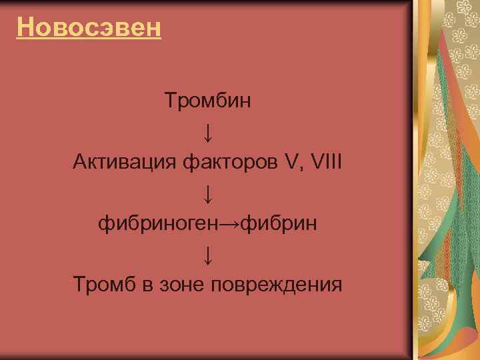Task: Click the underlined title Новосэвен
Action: point(89,27)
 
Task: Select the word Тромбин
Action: point(207,102)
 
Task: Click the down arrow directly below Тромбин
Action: point(208,133)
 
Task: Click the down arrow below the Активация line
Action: point(208,194)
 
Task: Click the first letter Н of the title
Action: point(25,27)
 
